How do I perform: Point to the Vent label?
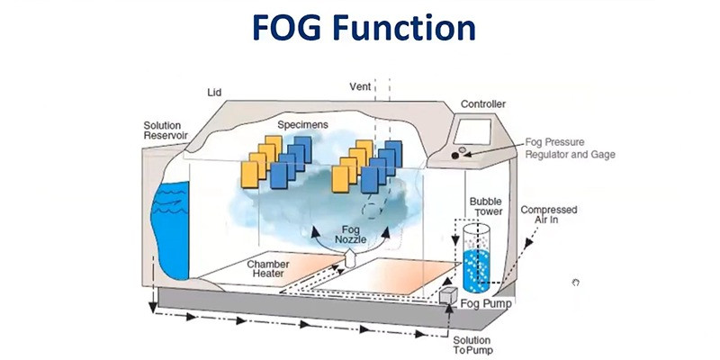(360, 87)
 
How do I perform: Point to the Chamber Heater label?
(271, 270)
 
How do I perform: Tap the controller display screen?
(482, 130)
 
